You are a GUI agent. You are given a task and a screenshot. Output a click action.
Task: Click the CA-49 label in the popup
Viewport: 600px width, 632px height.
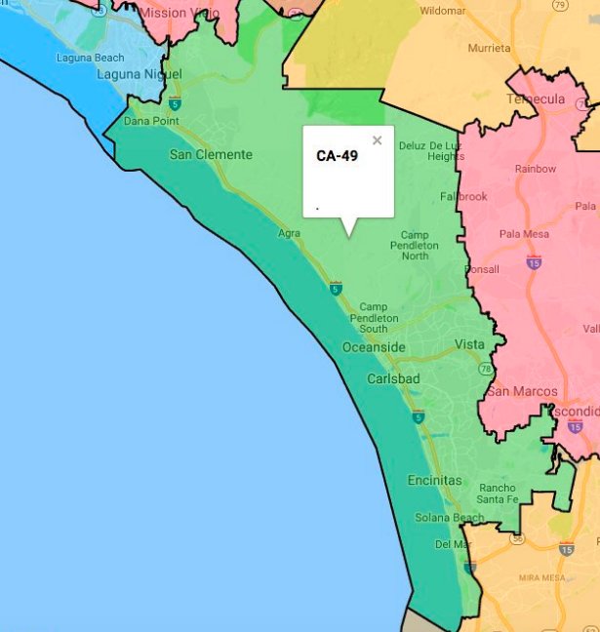coord(337,155)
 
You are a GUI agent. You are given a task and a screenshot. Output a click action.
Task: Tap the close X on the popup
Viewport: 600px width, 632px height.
coord(378,140)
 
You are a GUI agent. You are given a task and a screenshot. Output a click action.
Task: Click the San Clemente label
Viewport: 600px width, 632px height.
coord(211,154)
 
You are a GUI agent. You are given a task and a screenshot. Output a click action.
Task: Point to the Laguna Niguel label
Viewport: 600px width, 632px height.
coord(139,74)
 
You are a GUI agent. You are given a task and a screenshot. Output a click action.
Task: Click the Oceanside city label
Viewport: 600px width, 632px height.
coord(374,348)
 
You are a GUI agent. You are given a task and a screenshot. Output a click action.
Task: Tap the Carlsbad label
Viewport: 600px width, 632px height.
coord(393,378)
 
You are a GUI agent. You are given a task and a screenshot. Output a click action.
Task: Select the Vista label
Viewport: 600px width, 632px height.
coord(469,345)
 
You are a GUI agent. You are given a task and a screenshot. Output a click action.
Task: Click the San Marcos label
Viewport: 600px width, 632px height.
coord(522,392)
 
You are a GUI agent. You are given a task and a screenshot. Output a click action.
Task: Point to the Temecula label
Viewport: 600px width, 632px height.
coord(536,99)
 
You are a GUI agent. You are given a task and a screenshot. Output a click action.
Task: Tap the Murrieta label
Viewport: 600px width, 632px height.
coord(489,48)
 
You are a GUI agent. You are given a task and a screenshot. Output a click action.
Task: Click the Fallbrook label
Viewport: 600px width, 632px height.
coord(463,196)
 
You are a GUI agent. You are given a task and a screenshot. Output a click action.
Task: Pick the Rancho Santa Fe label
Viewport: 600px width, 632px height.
coord(498,494)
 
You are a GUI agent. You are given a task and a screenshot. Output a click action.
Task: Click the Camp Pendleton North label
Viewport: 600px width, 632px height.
coord(415,245)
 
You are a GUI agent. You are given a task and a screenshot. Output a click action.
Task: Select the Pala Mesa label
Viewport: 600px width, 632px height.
coord(523,235)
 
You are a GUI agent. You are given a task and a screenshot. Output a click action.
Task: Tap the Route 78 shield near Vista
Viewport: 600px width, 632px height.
coord(485,369)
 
